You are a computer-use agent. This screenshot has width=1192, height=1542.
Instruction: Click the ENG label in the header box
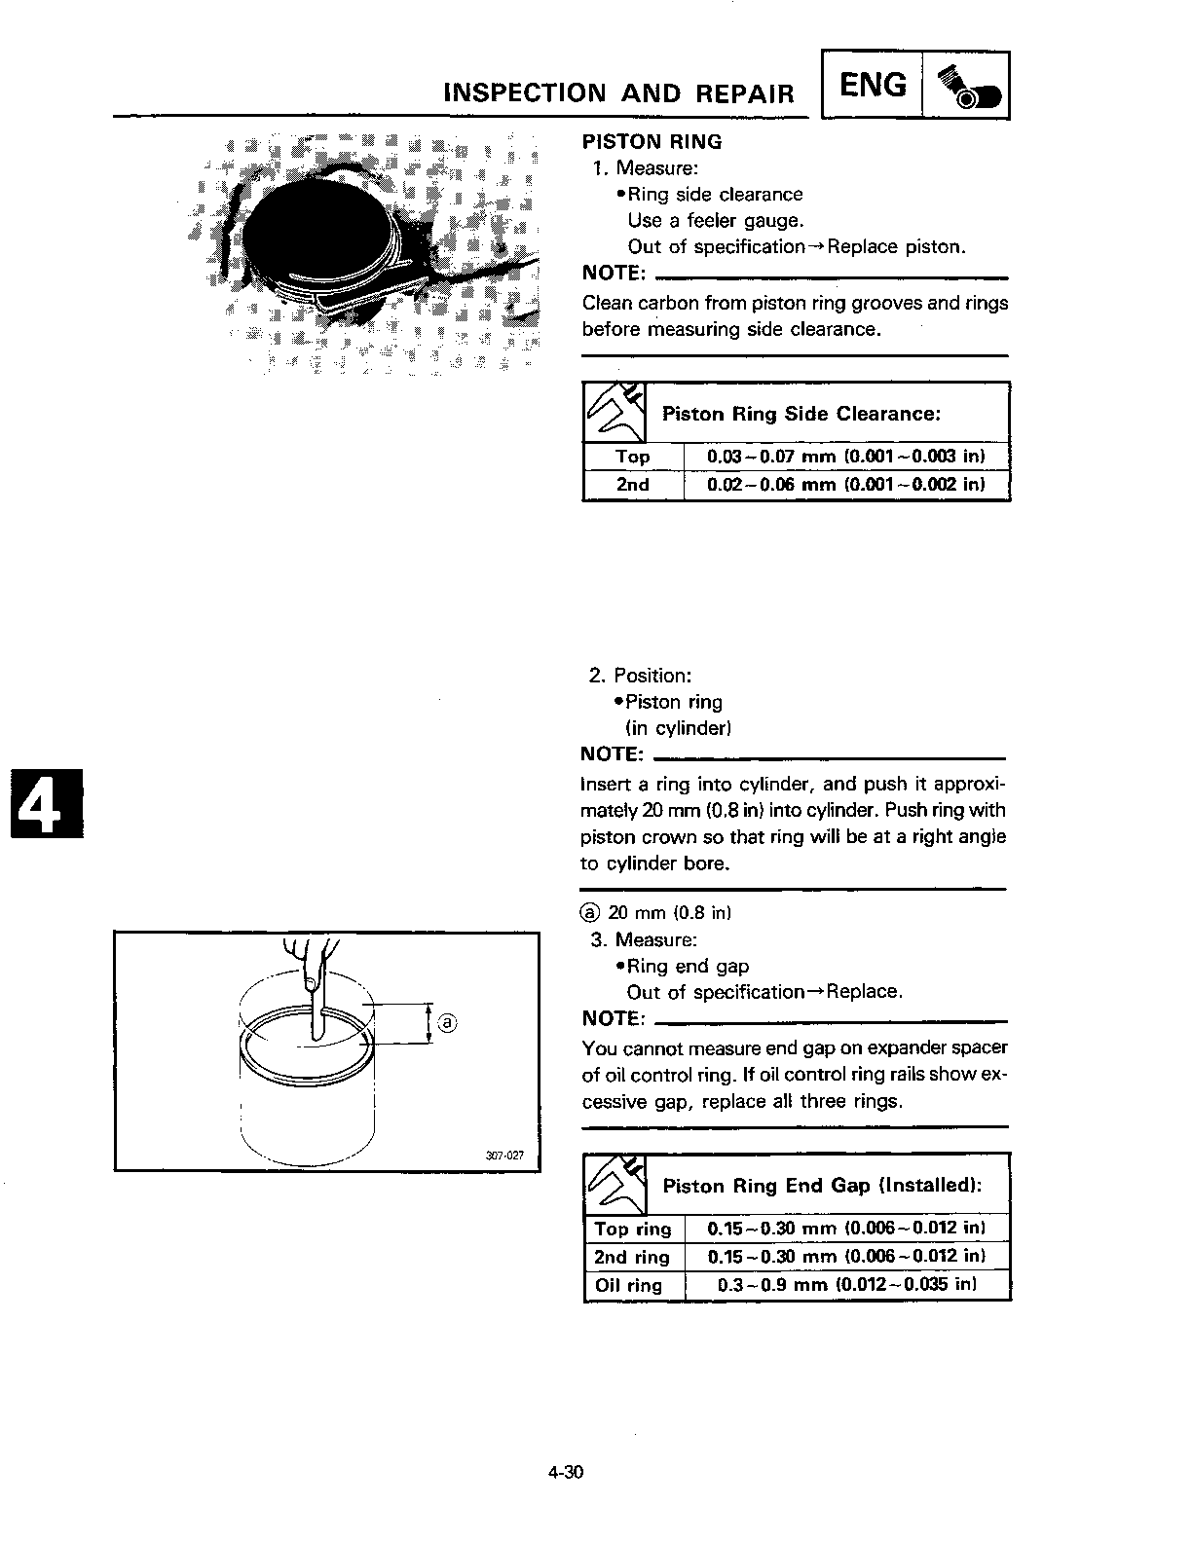(872, 86)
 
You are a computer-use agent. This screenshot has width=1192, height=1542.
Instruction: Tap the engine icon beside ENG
(965, 87)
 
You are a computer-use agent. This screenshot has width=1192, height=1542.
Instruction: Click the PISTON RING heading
(652, 142)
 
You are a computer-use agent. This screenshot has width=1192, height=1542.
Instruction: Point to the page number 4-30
(565, 1472)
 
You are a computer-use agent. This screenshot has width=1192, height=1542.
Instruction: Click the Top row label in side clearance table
(632, 457)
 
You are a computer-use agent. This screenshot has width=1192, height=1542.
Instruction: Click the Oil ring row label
(628, 1285)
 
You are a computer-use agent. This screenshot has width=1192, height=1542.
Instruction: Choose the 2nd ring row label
(632, 1257)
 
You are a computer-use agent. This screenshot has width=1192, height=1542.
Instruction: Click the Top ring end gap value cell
(845, 1229)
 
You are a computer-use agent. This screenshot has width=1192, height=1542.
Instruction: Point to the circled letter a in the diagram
(447, 1023)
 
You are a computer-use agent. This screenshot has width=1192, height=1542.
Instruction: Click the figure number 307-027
(504, 1156)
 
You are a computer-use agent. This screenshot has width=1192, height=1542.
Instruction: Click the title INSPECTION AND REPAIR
(618, 93)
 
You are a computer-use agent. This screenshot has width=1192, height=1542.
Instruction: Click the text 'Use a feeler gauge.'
(716, 221)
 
